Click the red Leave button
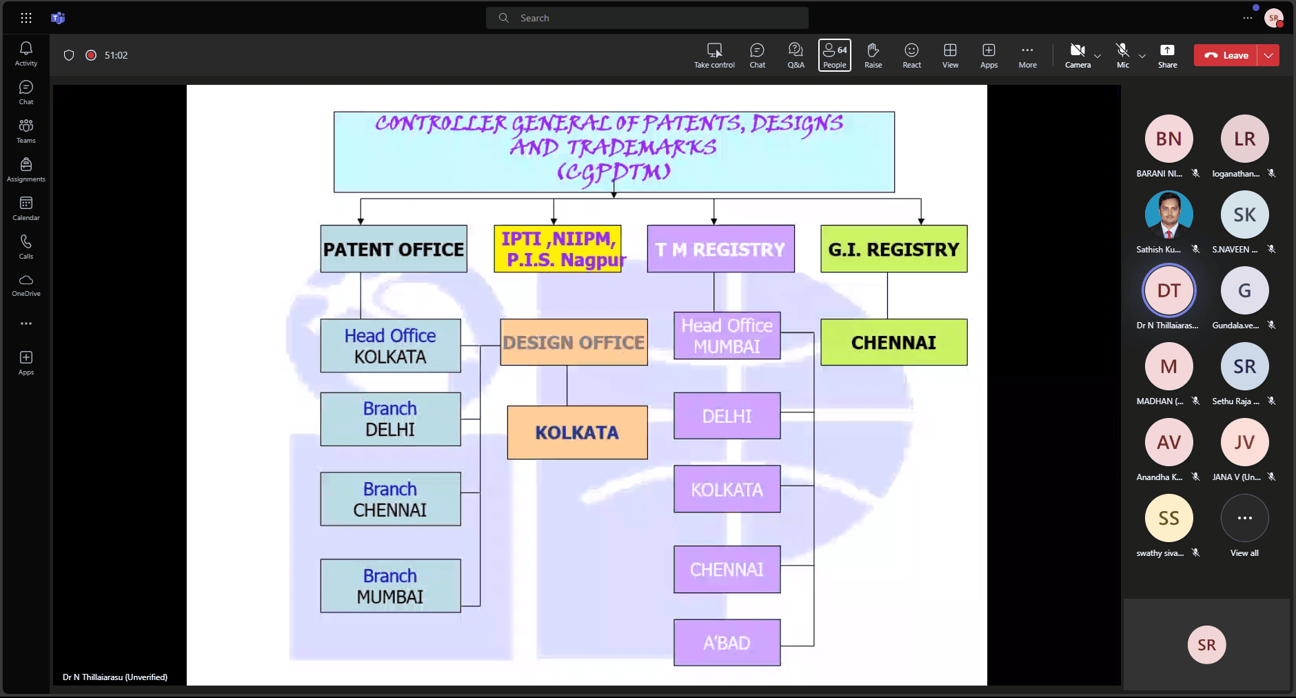(x=1226, y=55)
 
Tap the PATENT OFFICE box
(x=394, y=249)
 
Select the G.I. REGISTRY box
(x=893, y=249)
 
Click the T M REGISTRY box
(x=720, y=249)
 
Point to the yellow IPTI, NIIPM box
(x=558, y=249)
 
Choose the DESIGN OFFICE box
(x=574, y=342)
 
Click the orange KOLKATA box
(x=577, y=432)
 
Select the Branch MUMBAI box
(x=390, y=586)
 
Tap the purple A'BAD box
(x=727, y=643)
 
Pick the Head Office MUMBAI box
(x=727, y=336)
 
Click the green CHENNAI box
(x=893, y=342)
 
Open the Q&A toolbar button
(x=796, y=55)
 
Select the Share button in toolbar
(x=1167, y=55)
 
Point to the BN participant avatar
(x=1168, y=139)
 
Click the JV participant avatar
(x=1244, y=442)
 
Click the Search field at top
(x=647, y=18)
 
